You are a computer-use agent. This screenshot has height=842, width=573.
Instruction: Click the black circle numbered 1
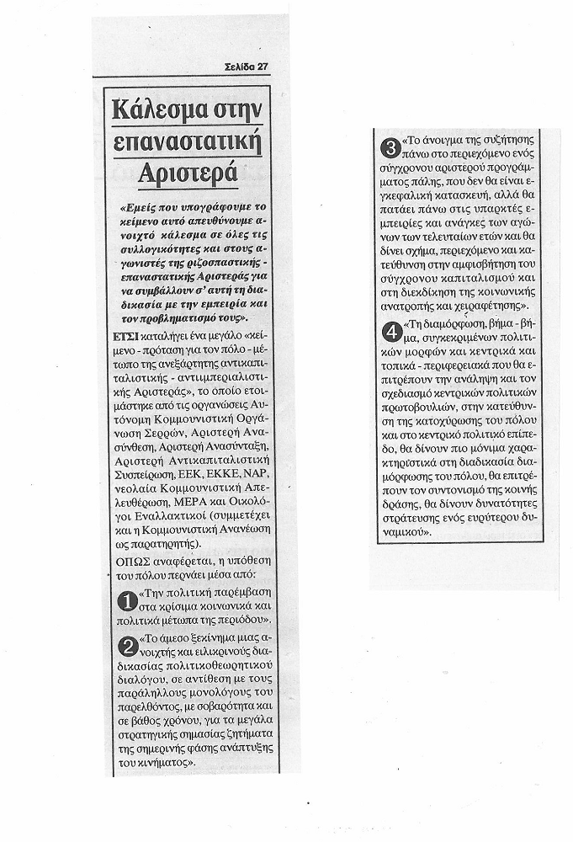pos(125,602)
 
